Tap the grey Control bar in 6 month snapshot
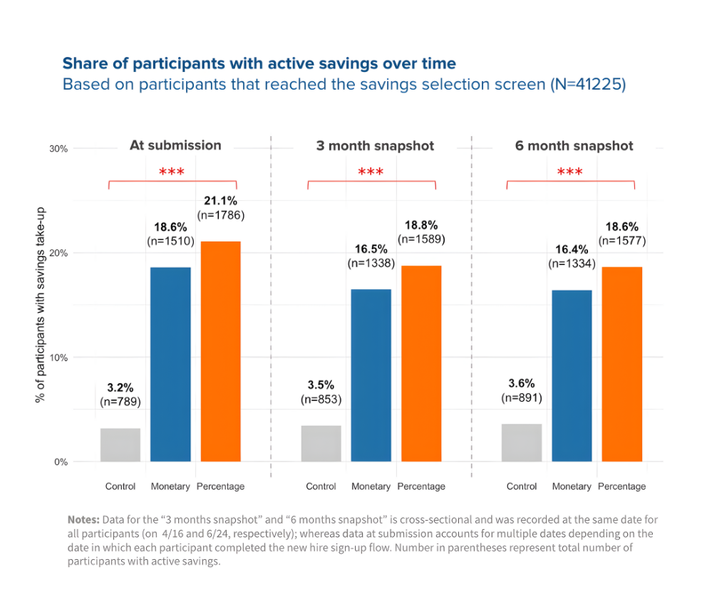[522, 442]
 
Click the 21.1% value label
[220, 200]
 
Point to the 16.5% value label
[371, 249]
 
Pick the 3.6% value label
[522, 383]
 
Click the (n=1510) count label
[170, 241]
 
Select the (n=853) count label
[321, 400]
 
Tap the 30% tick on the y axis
[58, 149]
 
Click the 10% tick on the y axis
[58, 358]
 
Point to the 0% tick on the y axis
[61, 462]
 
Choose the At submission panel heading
[175, 145]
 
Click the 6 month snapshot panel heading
[574, 145]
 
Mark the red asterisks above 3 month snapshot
[371, 172]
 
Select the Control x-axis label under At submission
[120, 486]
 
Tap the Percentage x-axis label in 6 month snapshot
[621, 486]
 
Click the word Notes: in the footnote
[84, 519]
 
